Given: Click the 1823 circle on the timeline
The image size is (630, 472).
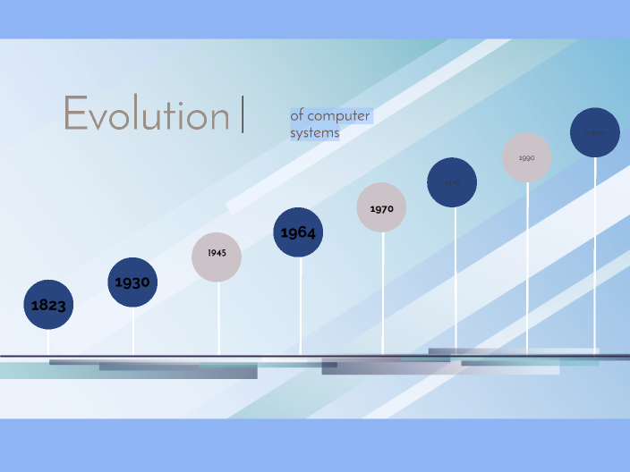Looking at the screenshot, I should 48,305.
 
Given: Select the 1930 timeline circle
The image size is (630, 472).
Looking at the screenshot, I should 132,282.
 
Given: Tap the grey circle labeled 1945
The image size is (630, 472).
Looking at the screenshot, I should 217,257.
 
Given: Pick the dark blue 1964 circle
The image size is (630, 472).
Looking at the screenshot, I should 298,232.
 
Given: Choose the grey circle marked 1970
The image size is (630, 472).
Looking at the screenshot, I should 381,208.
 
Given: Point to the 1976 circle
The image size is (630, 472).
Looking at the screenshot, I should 452,182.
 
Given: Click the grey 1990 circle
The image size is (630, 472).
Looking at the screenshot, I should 526,157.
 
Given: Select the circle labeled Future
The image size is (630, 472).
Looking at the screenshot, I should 595,132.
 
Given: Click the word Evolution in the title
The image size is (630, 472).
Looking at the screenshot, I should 146,115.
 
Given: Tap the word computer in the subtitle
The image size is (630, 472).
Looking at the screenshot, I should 338,115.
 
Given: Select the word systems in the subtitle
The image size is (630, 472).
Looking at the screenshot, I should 314,133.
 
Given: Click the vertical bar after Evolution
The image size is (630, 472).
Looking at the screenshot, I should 243,116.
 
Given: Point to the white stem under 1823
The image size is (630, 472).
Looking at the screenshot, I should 48,342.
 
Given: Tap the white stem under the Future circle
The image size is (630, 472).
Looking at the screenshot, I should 596,250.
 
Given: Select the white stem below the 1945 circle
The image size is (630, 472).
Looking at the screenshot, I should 218,317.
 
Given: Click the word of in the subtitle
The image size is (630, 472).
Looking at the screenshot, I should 297,115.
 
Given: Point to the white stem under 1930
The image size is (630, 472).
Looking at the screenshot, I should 133,331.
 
